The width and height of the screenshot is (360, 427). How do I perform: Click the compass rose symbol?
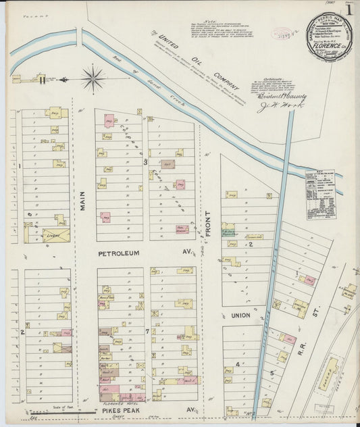coord(93,78)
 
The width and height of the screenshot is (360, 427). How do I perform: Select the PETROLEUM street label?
coord(118,253)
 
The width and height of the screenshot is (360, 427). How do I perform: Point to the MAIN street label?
coord(83,200)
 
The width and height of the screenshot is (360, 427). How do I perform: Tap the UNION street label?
coord(240,315)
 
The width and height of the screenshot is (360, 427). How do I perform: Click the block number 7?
coord(147,332)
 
